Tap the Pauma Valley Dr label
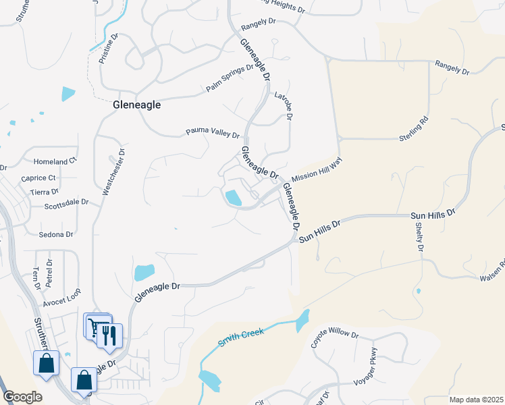[213, 134]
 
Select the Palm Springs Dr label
[230, 78]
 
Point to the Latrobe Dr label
[284, 107]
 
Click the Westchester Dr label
[115, 173]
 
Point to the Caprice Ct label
[38, 178]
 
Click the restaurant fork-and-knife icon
[110, 335]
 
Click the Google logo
[22, 397]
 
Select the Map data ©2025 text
[476, 400]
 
